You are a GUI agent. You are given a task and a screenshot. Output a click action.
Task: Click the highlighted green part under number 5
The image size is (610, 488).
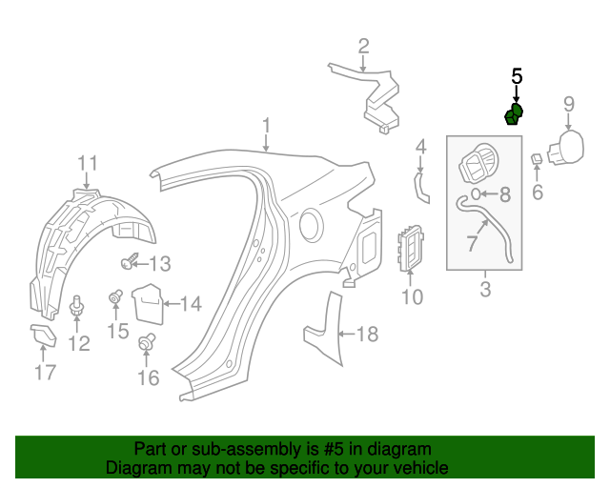click(x=514, y=115)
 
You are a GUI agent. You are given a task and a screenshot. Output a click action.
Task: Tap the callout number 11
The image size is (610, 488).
click(x=87, y=162)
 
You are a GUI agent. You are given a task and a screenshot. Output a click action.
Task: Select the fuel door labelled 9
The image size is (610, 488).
click(x=569, y=148)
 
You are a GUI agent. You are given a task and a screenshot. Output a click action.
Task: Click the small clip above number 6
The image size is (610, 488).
click(x=538, y=158)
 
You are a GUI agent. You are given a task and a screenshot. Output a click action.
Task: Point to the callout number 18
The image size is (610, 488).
click(x=367, y=334)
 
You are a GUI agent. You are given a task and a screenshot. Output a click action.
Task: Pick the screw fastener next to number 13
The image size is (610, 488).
click(x=131, y=260)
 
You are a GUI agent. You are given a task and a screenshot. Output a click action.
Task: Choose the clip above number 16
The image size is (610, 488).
click(x=148, y=342)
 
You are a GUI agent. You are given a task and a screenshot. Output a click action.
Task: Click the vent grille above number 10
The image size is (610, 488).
click(x=411, y=248)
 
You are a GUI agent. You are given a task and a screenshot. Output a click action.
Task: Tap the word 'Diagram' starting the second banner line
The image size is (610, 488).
click(x=139, y=469)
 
